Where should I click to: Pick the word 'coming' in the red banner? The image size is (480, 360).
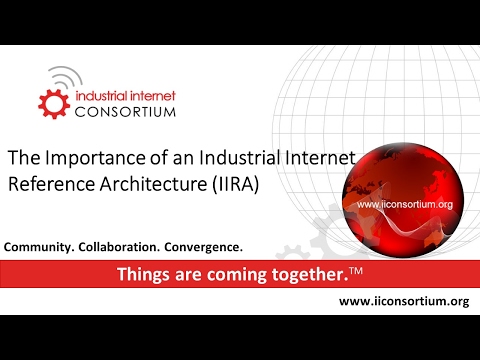[x=219, y=273]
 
